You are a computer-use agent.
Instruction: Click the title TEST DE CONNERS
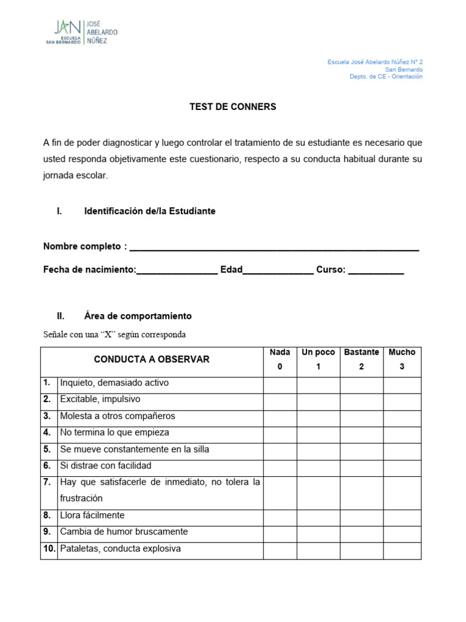click(232, 106)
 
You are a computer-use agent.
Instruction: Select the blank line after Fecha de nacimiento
click(177, 270)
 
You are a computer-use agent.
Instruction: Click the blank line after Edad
click(278, 270)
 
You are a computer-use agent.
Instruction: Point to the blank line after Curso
click(376, 270)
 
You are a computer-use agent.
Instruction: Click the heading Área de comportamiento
click(138, 316)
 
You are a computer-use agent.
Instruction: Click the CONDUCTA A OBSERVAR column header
click(152, 360)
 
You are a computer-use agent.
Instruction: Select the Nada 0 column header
click(280, 360)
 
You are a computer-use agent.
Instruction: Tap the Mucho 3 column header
click(402, 360)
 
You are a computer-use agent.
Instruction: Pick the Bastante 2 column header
click(361, 360)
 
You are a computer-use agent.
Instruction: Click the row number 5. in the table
click(47, 449)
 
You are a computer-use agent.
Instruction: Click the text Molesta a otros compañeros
click(117, 416)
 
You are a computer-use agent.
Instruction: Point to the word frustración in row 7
click(81, 498)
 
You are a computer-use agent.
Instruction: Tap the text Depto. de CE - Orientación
click(386, 77)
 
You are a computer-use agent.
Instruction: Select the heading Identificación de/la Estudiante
click(149, 211)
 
